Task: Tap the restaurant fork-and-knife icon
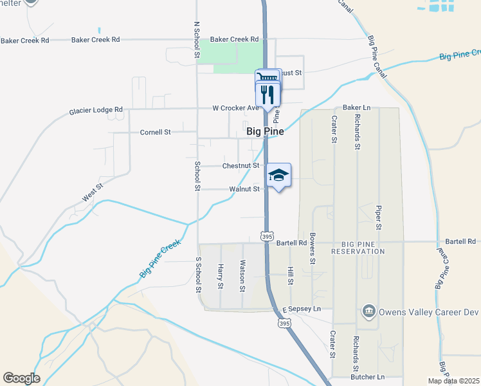click(268, 95)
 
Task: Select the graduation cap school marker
click(278, 175)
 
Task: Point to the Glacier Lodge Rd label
click(96, 111)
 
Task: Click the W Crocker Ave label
click(235, 108)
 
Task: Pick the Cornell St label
click(155, 133)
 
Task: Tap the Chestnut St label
click(240, 166)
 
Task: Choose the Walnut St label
click(244, 190)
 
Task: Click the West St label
click(93, 192)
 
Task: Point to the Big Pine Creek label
click(160, 259)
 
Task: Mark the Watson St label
click(242, 274)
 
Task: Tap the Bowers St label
click(312, 248)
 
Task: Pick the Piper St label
click(379, 218)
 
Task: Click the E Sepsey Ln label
click(301, 309)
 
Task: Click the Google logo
click(21, 378)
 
